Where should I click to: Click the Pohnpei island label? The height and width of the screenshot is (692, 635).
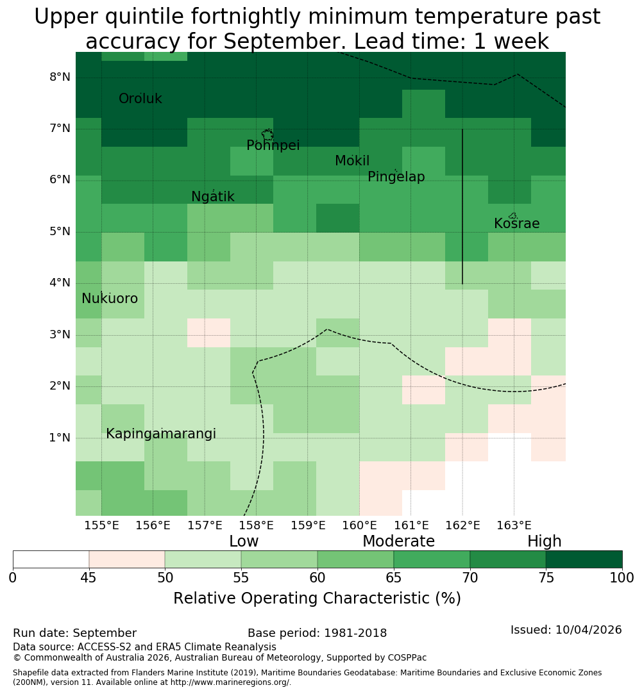[x=273, y=145]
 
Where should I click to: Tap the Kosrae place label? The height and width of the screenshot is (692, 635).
[x=516, y=224]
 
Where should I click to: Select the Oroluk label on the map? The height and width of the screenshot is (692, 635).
[x=140, y=99]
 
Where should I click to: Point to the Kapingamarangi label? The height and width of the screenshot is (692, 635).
[x=161, y=434]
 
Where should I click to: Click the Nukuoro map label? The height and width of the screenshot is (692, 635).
[x=110, y=299]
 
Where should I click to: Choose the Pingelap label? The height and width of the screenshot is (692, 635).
[x=396, y=177]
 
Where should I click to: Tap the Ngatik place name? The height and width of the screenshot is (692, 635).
[x=212, y=197]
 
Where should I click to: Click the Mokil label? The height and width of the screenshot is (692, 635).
[x=352, y=161]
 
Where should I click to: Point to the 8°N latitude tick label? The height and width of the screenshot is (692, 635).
[x=60, y=78]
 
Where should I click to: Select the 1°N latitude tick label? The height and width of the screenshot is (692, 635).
[x=60, y=438]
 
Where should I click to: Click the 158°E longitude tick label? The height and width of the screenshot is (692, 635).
[x=257, y=525]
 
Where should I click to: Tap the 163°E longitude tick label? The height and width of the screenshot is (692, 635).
[x=514, y=525]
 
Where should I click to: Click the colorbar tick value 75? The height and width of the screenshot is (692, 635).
[x=546, y=578]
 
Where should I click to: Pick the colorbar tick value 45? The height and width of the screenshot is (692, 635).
[x=89, y=578]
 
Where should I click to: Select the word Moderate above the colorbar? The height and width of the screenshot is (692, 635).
[x=398, y=541]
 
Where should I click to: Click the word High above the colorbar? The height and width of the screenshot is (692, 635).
[x=545, y=541]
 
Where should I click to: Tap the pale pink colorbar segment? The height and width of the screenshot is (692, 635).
[x=127, y=559]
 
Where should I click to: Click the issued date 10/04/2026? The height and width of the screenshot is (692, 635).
[x=589, y=630]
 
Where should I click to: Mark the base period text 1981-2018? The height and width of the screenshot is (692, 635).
[x=355, y=633]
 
